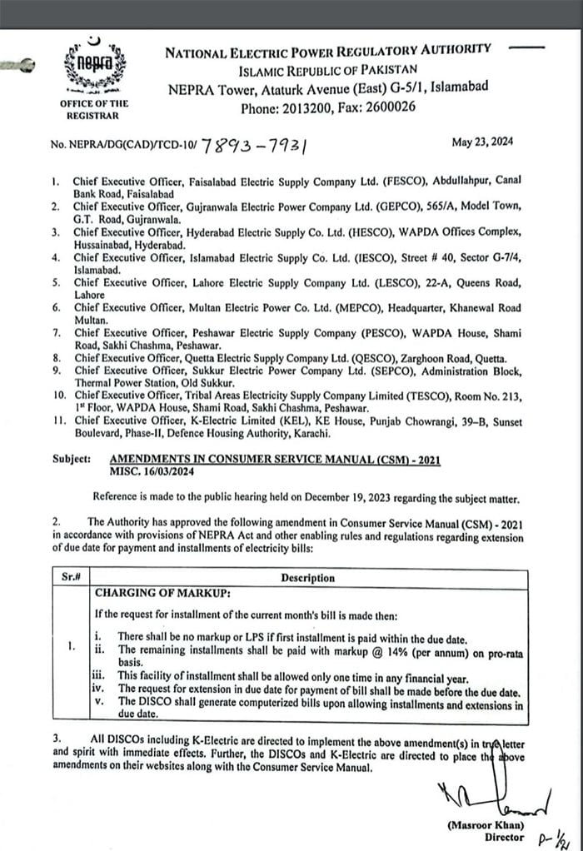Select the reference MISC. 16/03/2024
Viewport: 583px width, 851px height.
pos(153,470)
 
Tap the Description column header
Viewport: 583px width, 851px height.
pos(307,577)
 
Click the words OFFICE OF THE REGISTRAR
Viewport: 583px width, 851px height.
pos(94,109)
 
